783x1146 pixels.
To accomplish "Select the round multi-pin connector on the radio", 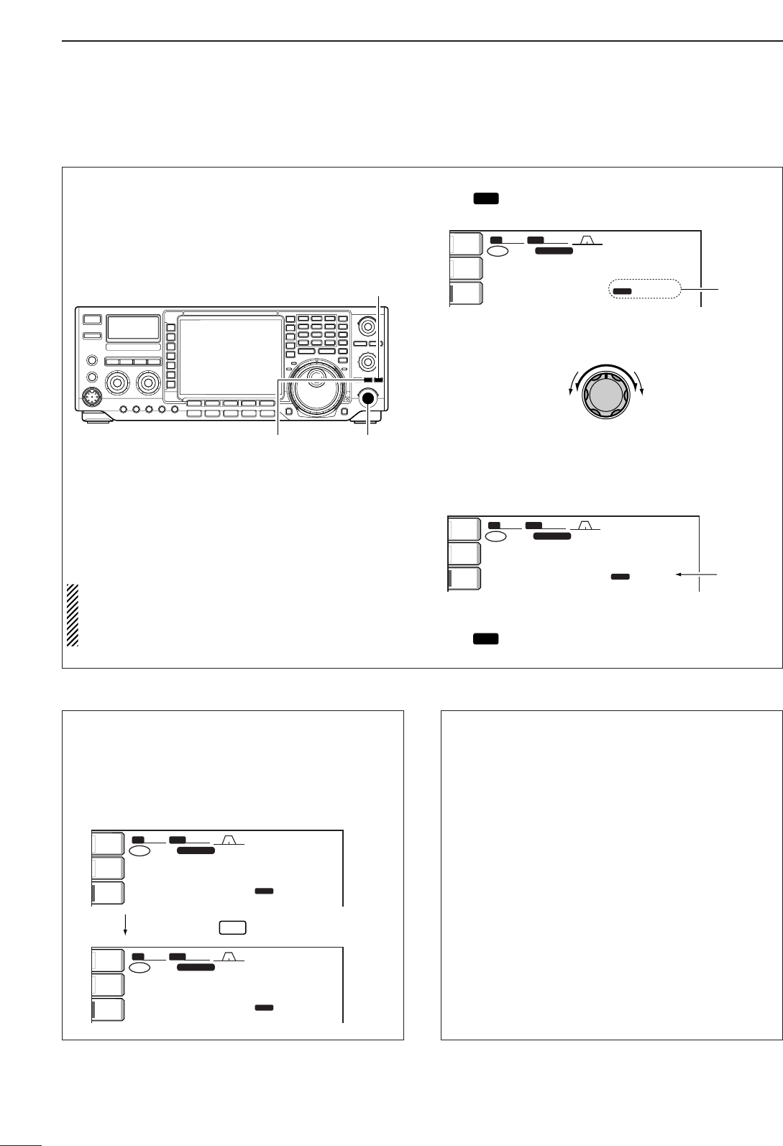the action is point(91,396).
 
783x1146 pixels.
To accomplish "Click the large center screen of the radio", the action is point(229,356).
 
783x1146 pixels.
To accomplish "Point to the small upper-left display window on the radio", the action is point(133,328).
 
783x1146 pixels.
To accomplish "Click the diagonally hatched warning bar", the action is point(72,615).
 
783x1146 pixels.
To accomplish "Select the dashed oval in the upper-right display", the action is point(644,289).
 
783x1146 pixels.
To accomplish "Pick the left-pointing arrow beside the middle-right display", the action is point(697,575).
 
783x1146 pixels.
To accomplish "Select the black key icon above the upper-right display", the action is point(486,198).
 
